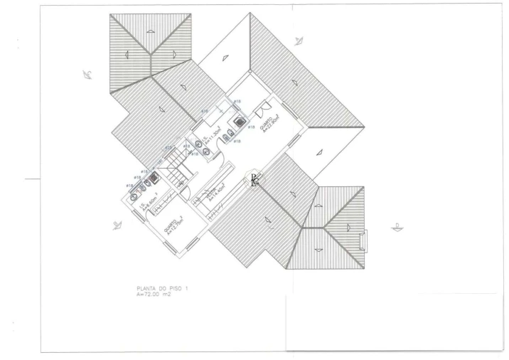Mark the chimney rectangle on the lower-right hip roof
pos(363,240)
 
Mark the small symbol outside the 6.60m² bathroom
pos(117,225)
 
